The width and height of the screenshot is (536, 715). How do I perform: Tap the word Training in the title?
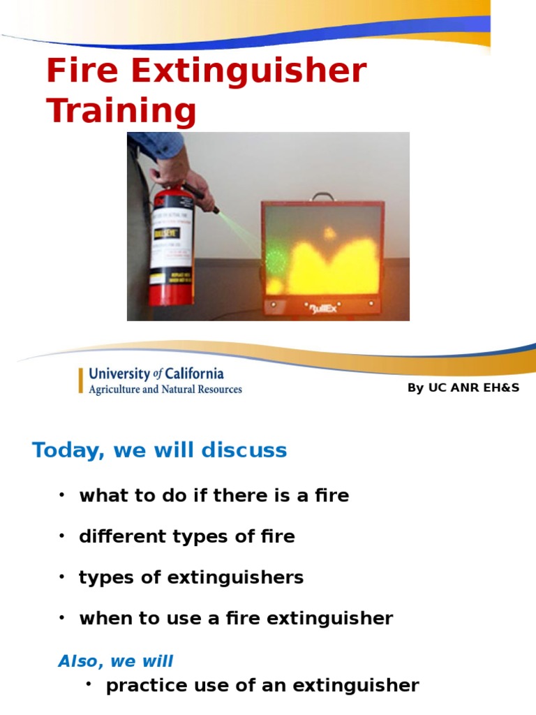[x=121, y=112]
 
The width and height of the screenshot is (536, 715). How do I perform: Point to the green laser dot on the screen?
[x=275, y=262]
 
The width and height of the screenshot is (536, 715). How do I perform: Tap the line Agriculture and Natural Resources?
[x=165, y=390]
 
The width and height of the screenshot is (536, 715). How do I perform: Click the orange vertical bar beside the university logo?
[x=81, y=381]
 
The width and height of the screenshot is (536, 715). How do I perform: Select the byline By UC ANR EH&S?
[x=463, y=388]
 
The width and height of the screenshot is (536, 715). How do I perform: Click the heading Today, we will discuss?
[x=159, y=450]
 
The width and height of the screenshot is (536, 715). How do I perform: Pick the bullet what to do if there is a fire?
[x=214, y=496]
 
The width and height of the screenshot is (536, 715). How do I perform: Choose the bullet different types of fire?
[x=187, y=537]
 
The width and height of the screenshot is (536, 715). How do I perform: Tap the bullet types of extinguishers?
[x=191, y=577]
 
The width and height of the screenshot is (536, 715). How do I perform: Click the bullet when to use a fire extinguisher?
[x=236, y=619]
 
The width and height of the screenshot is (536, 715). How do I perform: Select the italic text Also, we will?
[x=115, y=661]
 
